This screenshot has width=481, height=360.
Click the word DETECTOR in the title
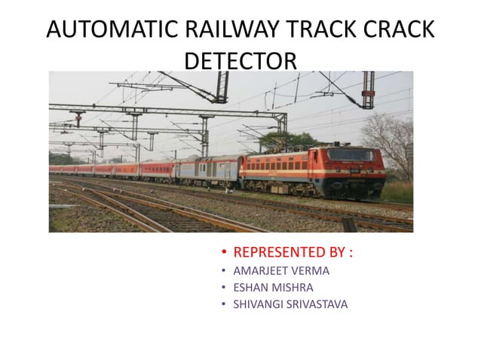tap(240, 59)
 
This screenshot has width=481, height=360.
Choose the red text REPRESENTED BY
tap(293, 252)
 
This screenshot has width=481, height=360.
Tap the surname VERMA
tap(313, 270)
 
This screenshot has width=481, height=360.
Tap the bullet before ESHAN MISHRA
tap(224, 287)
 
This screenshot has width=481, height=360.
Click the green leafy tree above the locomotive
tap(290, 142)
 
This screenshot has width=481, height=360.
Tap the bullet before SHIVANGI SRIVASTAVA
tap(224, 304)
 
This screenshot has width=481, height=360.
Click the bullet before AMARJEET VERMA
tap(224, 270)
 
